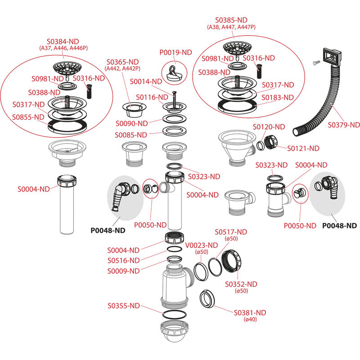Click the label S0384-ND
(63, 41)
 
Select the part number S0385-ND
(231, 20)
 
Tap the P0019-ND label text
(176, 53)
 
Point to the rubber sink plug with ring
(172, 72)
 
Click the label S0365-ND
(122, 62)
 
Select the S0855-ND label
(29, 117)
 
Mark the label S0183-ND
(278, 97)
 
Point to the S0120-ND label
(269, 127)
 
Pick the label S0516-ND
(123, 261)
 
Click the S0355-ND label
(123, 306)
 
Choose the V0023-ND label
(202, 245)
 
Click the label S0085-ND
(131, 135)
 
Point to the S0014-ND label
(146, 81)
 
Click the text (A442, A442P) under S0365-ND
(122, 68)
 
